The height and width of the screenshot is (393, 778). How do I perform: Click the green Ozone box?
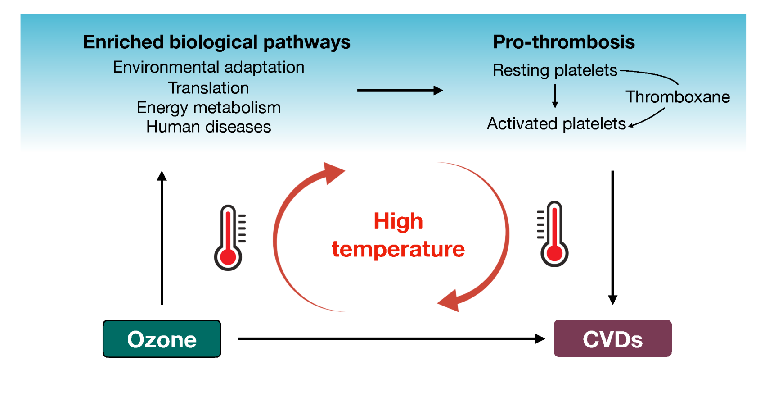pos(162,339)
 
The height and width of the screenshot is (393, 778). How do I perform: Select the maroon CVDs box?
pos(612,338)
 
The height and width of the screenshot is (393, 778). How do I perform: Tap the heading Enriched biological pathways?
pos(216,42)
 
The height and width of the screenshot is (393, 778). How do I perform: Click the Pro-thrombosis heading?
pos(564,42)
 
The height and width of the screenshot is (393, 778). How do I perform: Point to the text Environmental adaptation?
pos(208,67)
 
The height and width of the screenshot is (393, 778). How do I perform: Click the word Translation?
pos(208,88)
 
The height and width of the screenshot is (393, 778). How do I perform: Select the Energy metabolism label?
pos(208,108)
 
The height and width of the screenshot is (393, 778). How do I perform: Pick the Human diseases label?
pos(208,127)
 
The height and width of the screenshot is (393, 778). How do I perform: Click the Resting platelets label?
pos(555,70)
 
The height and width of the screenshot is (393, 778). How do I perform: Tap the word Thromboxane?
pos(678,97)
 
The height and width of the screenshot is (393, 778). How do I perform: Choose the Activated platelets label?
pos(556,123)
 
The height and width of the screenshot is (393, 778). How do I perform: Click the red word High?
pos(398,221)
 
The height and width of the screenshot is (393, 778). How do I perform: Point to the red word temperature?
pos(398,249)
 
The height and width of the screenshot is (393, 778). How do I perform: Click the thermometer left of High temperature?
pos(229,238)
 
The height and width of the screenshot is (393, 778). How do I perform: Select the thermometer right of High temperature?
pos(553,234)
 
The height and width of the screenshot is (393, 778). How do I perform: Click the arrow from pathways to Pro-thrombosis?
pos(400,91)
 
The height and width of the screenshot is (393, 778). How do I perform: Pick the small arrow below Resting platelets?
pos(555,96)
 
